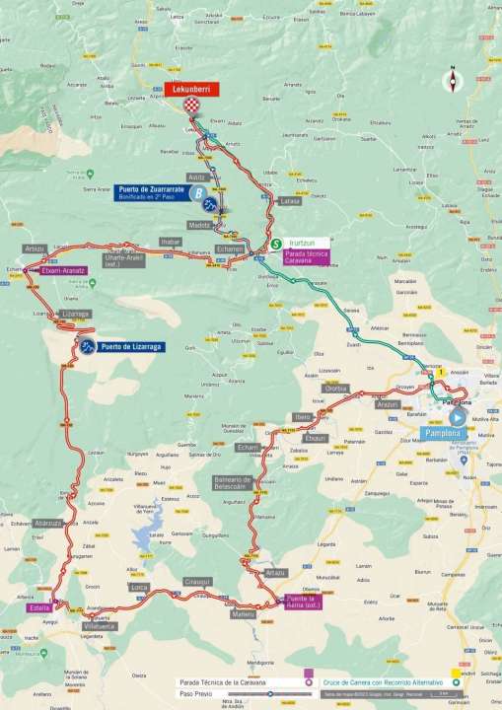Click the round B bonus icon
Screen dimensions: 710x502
199,193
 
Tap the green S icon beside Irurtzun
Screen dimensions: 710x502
276,243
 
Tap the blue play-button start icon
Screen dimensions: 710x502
457,417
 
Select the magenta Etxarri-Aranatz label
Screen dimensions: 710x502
65,271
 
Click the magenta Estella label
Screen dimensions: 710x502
39,608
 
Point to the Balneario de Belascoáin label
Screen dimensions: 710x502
234,483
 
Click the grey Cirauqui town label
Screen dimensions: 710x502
197,582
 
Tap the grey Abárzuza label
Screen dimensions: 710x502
47,523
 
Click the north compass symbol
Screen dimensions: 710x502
452,81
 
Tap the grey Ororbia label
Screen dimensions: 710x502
336,388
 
